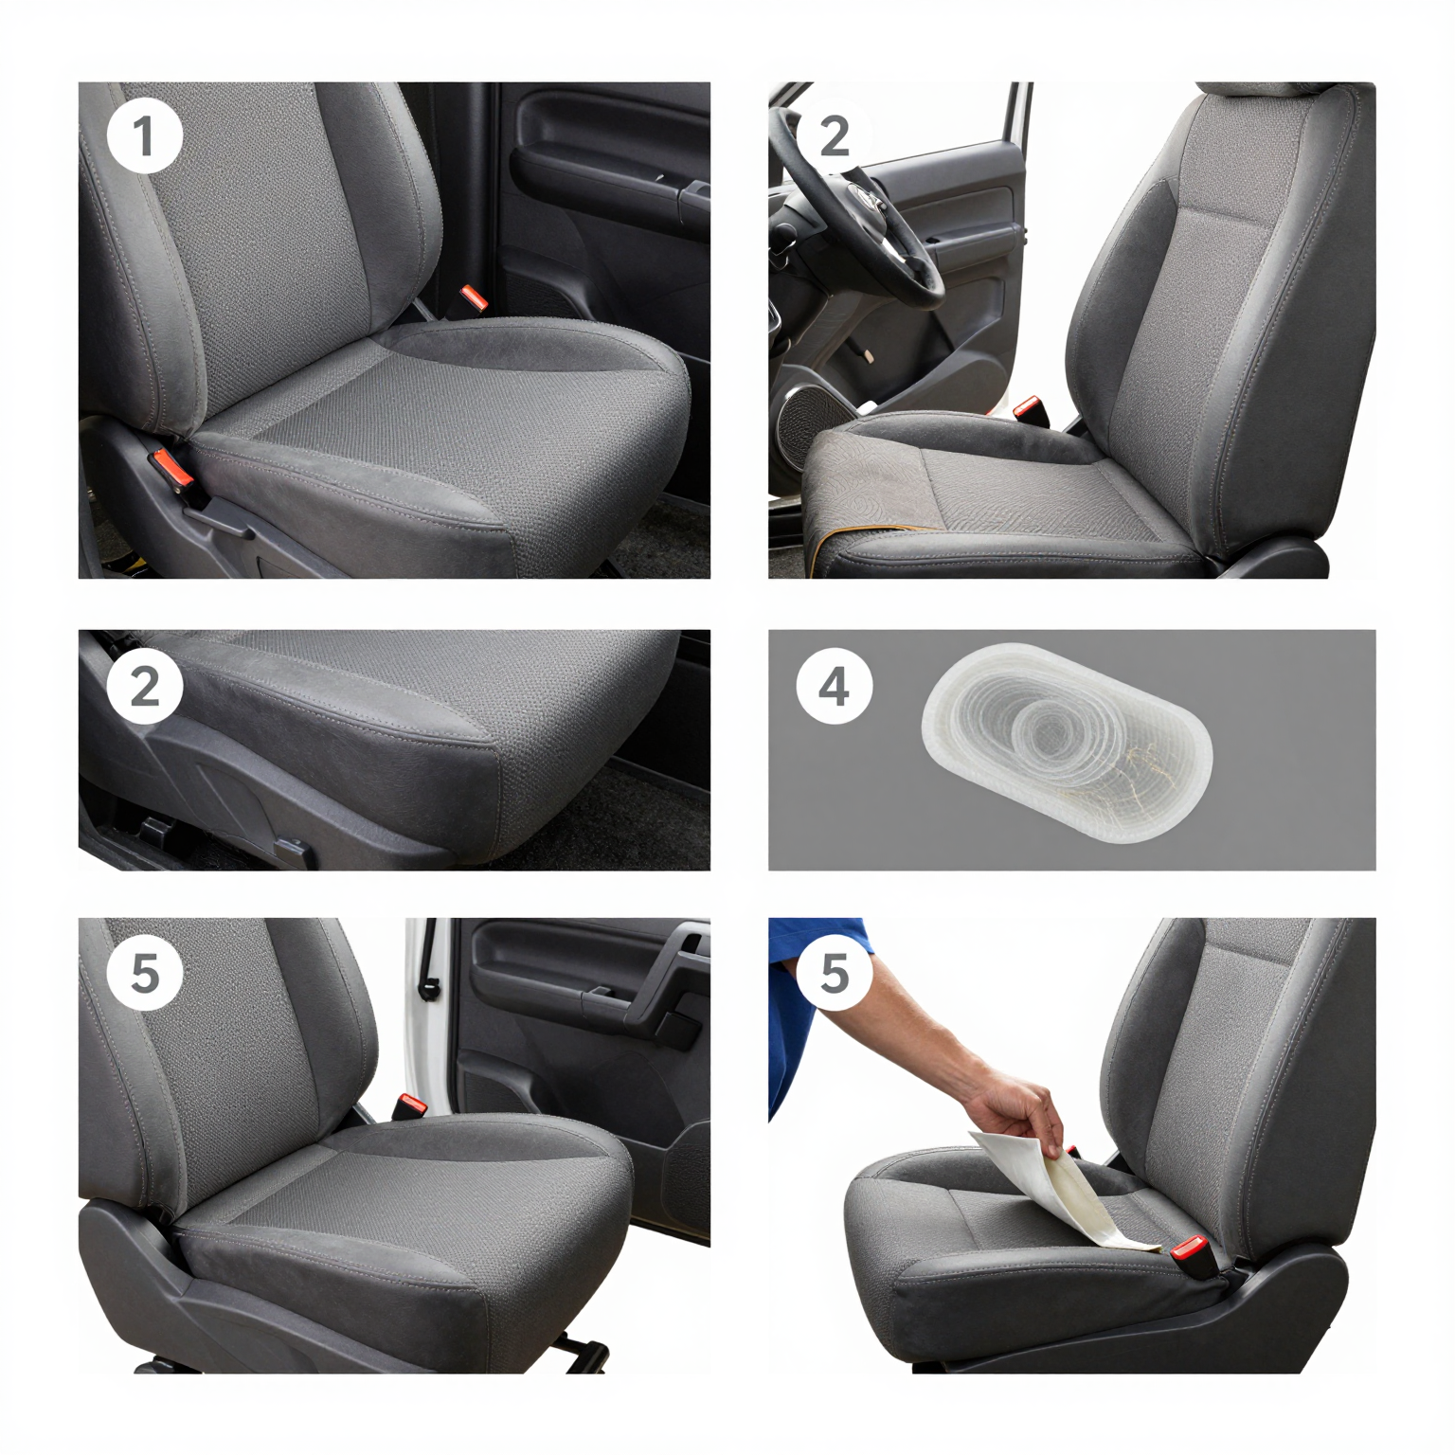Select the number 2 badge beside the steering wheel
click(834, 137)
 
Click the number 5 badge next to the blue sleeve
click(834, 973)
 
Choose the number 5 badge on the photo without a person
click(144, 973)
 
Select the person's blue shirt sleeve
click(805, 1004)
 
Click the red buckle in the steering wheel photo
click(1027, 410)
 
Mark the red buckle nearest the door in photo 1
click(473, 298)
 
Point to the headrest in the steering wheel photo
click(1260, 89)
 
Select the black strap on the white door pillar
click(428, 961)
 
